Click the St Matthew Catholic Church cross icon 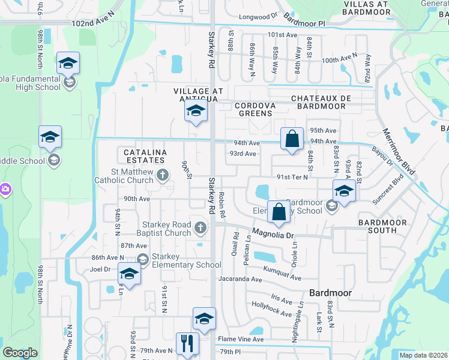pyautogui.click(x=162, y=175)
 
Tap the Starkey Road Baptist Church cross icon pyautogui.click(x=200, y=226)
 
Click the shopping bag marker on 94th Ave pyautogui.click(x=291, y=139)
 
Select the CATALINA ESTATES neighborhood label pyautogui.click(x=145, y=157)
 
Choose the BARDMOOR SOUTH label pyautogui.click(x=382, y=226)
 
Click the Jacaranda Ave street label pyautogui.click(x=240, y=279)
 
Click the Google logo pyautogui.click(x=20, y=353)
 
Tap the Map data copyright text pyautogui.click(x=423, y=355)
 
